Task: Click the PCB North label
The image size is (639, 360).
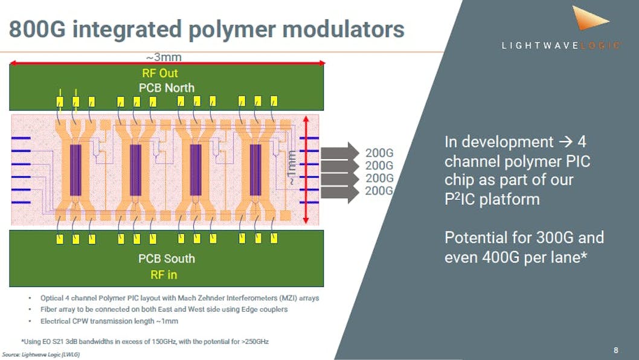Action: pos(166,88)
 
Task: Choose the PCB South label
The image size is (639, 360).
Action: pos(166,259)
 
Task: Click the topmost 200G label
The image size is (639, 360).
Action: pos(380,153)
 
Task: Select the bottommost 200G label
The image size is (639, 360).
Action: pos(380,191)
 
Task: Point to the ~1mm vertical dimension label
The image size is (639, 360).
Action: pos(292,168)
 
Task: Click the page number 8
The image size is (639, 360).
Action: pos(615,350)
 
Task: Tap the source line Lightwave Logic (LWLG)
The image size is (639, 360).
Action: pos(40,355)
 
